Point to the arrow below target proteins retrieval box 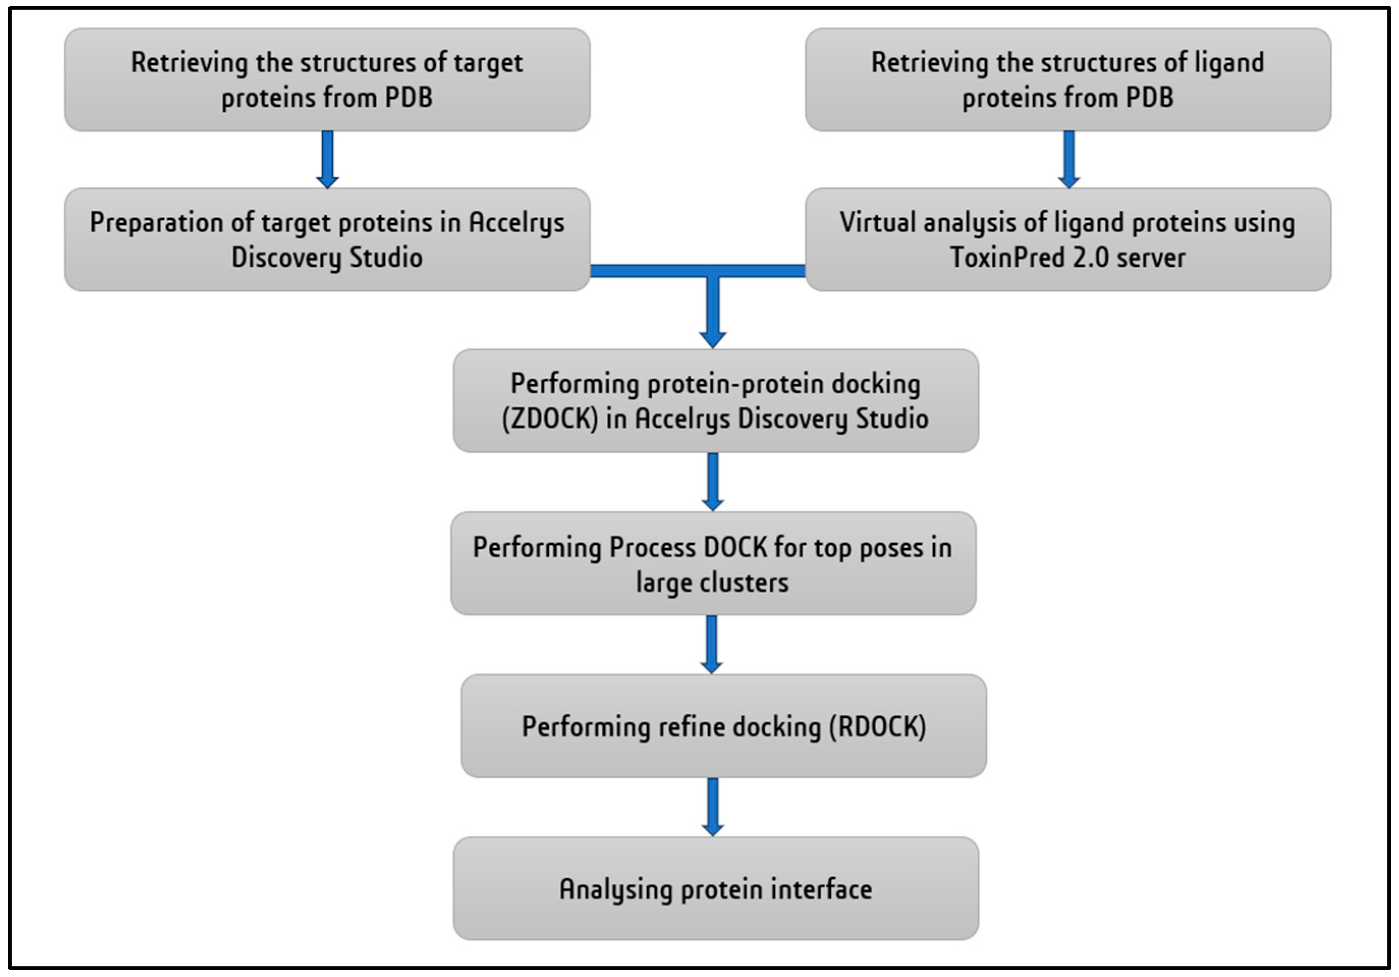(x=327, y=160)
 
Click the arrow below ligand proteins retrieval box (x=1068, y=160)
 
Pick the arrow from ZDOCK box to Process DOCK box (x=712, y=482)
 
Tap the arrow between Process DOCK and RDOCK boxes (x=711, y=644)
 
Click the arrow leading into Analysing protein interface (x=712, y=806)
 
